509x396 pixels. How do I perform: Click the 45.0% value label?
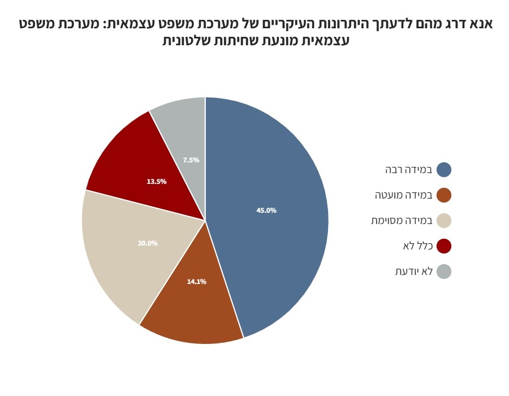coord(266,210)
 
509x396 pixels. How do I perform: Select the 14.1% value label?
coord(197,281)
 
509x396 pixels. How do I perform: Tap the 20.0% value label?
coord(148,243)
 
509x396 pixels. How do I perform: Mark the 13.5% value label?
coord(157,182)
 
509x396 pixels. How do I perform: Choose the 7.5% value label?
coord(191,160)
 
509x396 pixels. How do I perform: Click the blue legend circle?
coord(444,170)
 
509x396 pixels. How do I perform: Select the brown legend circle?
coord(444,195)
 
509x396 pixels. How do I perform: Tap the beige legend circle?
coord(444,221)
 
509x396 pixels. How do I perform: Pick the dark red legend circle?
coord(444,246)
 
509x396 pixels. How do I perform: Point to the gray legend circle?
coord(444,272)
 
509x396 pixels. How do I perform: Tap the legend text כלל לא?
coord(417,246)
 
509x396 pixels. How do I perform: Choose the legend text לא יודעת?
coord(414,272)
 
